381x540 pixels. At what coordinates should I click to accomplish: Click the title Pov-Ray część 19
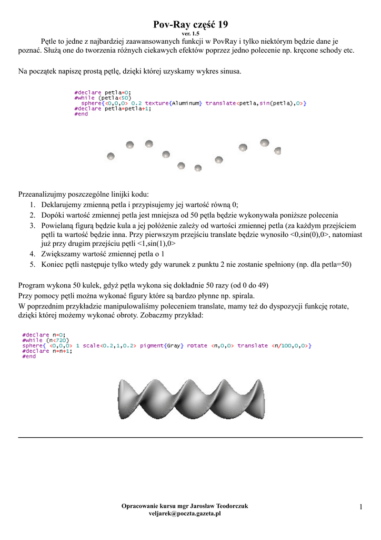[190, 25]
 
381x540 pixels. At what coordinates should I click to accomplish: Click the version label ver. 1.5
[190, 34]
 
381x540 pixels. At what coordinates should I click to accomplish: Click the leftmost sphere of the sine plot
[111, 156]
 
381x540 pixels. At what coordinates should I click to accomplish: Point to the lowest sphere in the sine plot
[198, 168]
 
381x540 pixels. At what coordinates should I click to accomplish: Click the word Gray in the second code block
[172, 345]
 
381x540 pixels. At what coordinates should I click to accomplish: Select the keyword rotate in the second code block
[197, 345]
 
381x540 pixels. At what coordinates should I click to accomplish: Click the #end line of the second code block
[29, 356]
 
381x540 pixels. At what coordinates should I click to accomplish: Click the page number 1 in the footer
[361, 507]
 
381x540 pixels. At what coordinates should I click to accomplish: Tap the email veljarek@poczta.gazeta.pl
[185, 514]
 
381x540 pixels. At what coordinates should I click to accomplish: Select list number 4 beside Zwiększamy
[32, 254]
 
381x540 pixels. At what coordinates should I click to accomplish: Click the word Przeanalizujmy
[45, 194]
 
